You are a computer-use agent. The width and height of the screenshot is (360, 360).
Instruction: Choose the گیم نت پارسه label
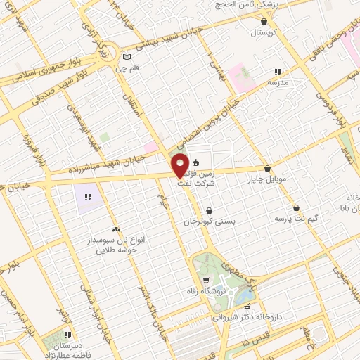point(296,219)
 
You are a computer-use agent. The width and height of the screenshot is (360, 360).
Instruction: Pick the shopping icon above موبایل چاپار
point(267,168)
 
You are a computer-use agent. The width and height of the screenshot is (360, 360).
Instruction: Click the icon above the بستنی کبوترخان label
point(210,210)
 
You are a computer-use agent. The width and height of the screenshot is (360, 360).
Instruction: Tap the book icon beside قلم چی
point(127,57)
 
